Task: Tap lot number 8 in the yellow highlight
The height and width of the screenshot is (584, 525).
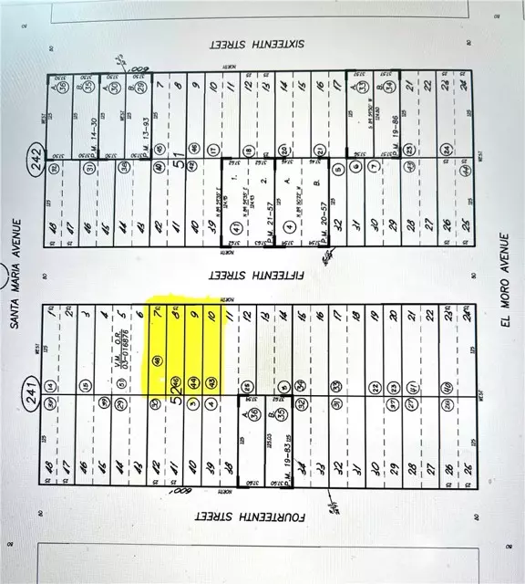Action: (176, 315)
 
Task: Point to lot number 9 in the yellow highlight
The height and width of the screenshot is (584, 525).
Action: (193, 315)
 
